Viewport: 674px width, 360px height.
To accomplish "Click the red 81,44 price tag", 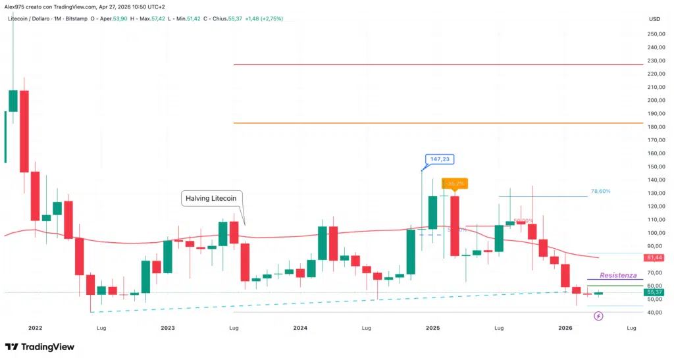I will pyautogui.click(x=654, y=257).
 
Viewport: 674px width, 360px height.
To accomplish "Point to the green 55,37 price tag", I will pyautogui.click(x=654, y=292).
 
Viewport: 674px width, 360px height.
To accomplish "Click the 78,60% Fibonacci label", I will pyautogui.click(x=601, y=191).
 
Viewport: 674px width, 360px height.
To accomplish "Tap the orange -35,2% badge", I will pyautogui.click(x=455, y=184).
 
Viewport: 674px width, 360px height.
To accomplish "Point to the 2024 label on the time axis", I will pyautogui.click(x=300, y=327).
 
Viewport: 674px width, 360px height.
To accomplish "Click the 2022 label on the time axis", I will pyautogui.click(x=35, y=327).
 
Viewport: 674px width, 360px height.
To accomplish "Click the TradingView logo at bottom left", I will pyautogui.click(x=39, y=347).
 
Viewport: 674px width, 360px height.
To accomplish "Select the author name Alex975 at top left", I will pyautogui.click(x=16, y=5).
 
